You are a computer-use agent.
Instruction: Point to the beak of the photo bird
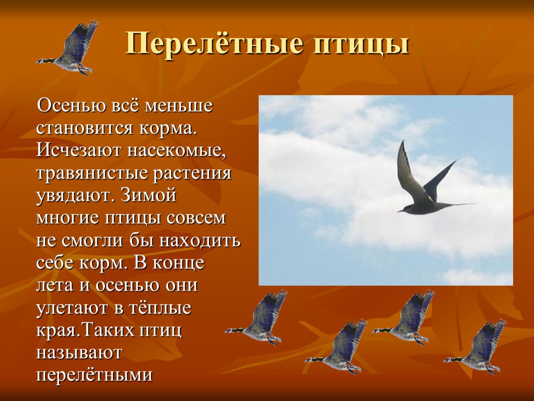(399, 211)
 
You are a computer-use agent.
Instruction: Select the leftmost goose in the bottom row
(258, 320)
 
